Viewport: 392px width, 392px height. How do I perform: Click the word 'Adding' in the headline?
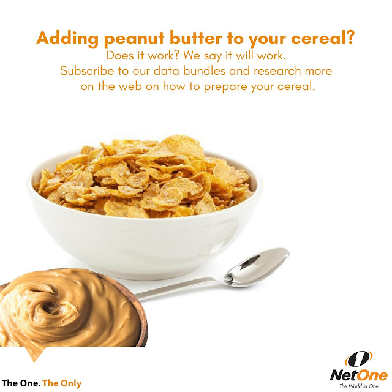click(x=67, y=39)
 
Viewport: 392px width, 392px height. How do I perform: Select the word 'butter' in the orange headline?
click(x=196, y=39)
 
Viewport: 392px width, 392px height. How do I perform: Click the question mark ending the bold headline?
click(x=349, y=37)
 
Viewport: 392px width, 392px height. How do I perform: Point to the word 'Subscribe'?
click(x=87, y=71)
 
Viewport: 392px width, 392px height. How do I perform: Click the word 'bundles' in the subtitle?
click(x=204, y=71)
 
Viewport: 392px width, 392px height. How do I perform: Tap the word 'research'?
click(x=277, y=71)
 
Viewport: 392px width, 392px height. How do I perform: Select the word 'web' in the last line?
click(x=130, y=86)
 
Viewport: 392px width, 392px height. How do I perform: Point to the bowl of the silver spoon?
click(x=257, y=267)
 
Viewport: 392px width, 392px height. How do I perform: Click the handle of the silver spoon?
click(x=180, y=289)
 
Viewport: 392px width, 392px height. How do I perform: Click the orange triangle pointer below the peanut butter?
click(x=34, y=355)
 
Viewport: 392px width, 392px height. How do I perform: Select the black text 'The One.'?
click(x=21, y=383)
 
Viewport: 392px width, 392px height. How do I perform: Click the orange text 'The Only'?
click(x=62, y=384)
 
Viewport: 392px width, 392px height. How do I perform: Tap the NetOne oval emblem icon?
click(x=358, y=360)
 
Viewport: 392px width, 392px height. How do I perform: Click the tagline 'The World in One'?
click(x=359, y=386)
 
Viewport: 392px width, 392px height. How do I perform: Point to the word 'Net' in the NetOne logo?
click(x=343, y=375)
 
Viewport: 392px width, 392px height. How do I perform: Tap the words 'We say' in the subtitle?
click(x=203, y=56)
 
